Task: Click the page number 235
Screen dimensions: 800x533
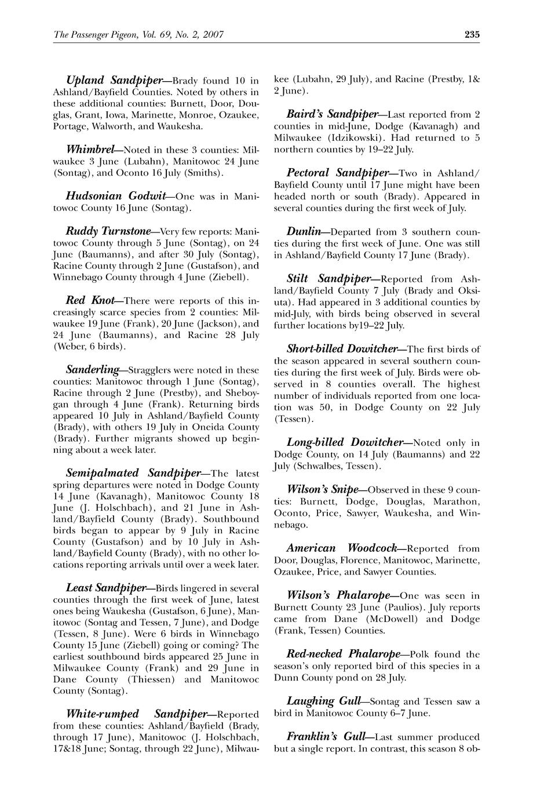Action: pyautogui.click(x=472, y=35)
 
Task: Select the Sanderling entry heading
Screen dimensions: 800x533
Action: pyautogui.click(x=93, y=369)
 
